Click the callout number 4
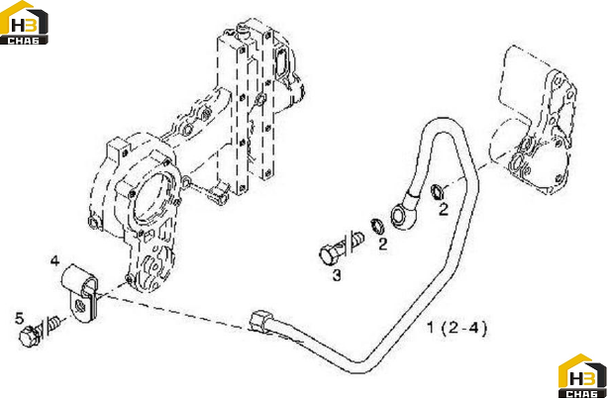[54, 260]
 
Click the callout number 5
[19, 319]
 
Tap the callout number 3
[337, 275]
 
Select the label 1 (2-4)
[457, 328]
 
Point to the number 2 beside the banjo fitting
[444, 210]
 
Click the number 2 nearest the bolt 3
[383, 245]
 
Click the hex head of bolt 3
[329, 255]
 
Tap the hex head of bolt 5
[29, 337]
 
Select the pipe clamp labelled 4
[80, 291]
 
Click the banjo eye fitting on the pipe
[399, 216]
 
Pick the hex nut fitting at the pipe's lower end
[260, 321]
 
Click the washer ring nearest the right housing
[437, 191]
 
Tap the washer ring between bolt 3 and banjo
[376, 226]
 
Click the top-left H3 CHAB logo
[24, 23]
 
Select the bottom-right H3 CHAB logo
[582, 376]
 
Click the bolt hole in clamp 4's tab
[81, 305]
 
